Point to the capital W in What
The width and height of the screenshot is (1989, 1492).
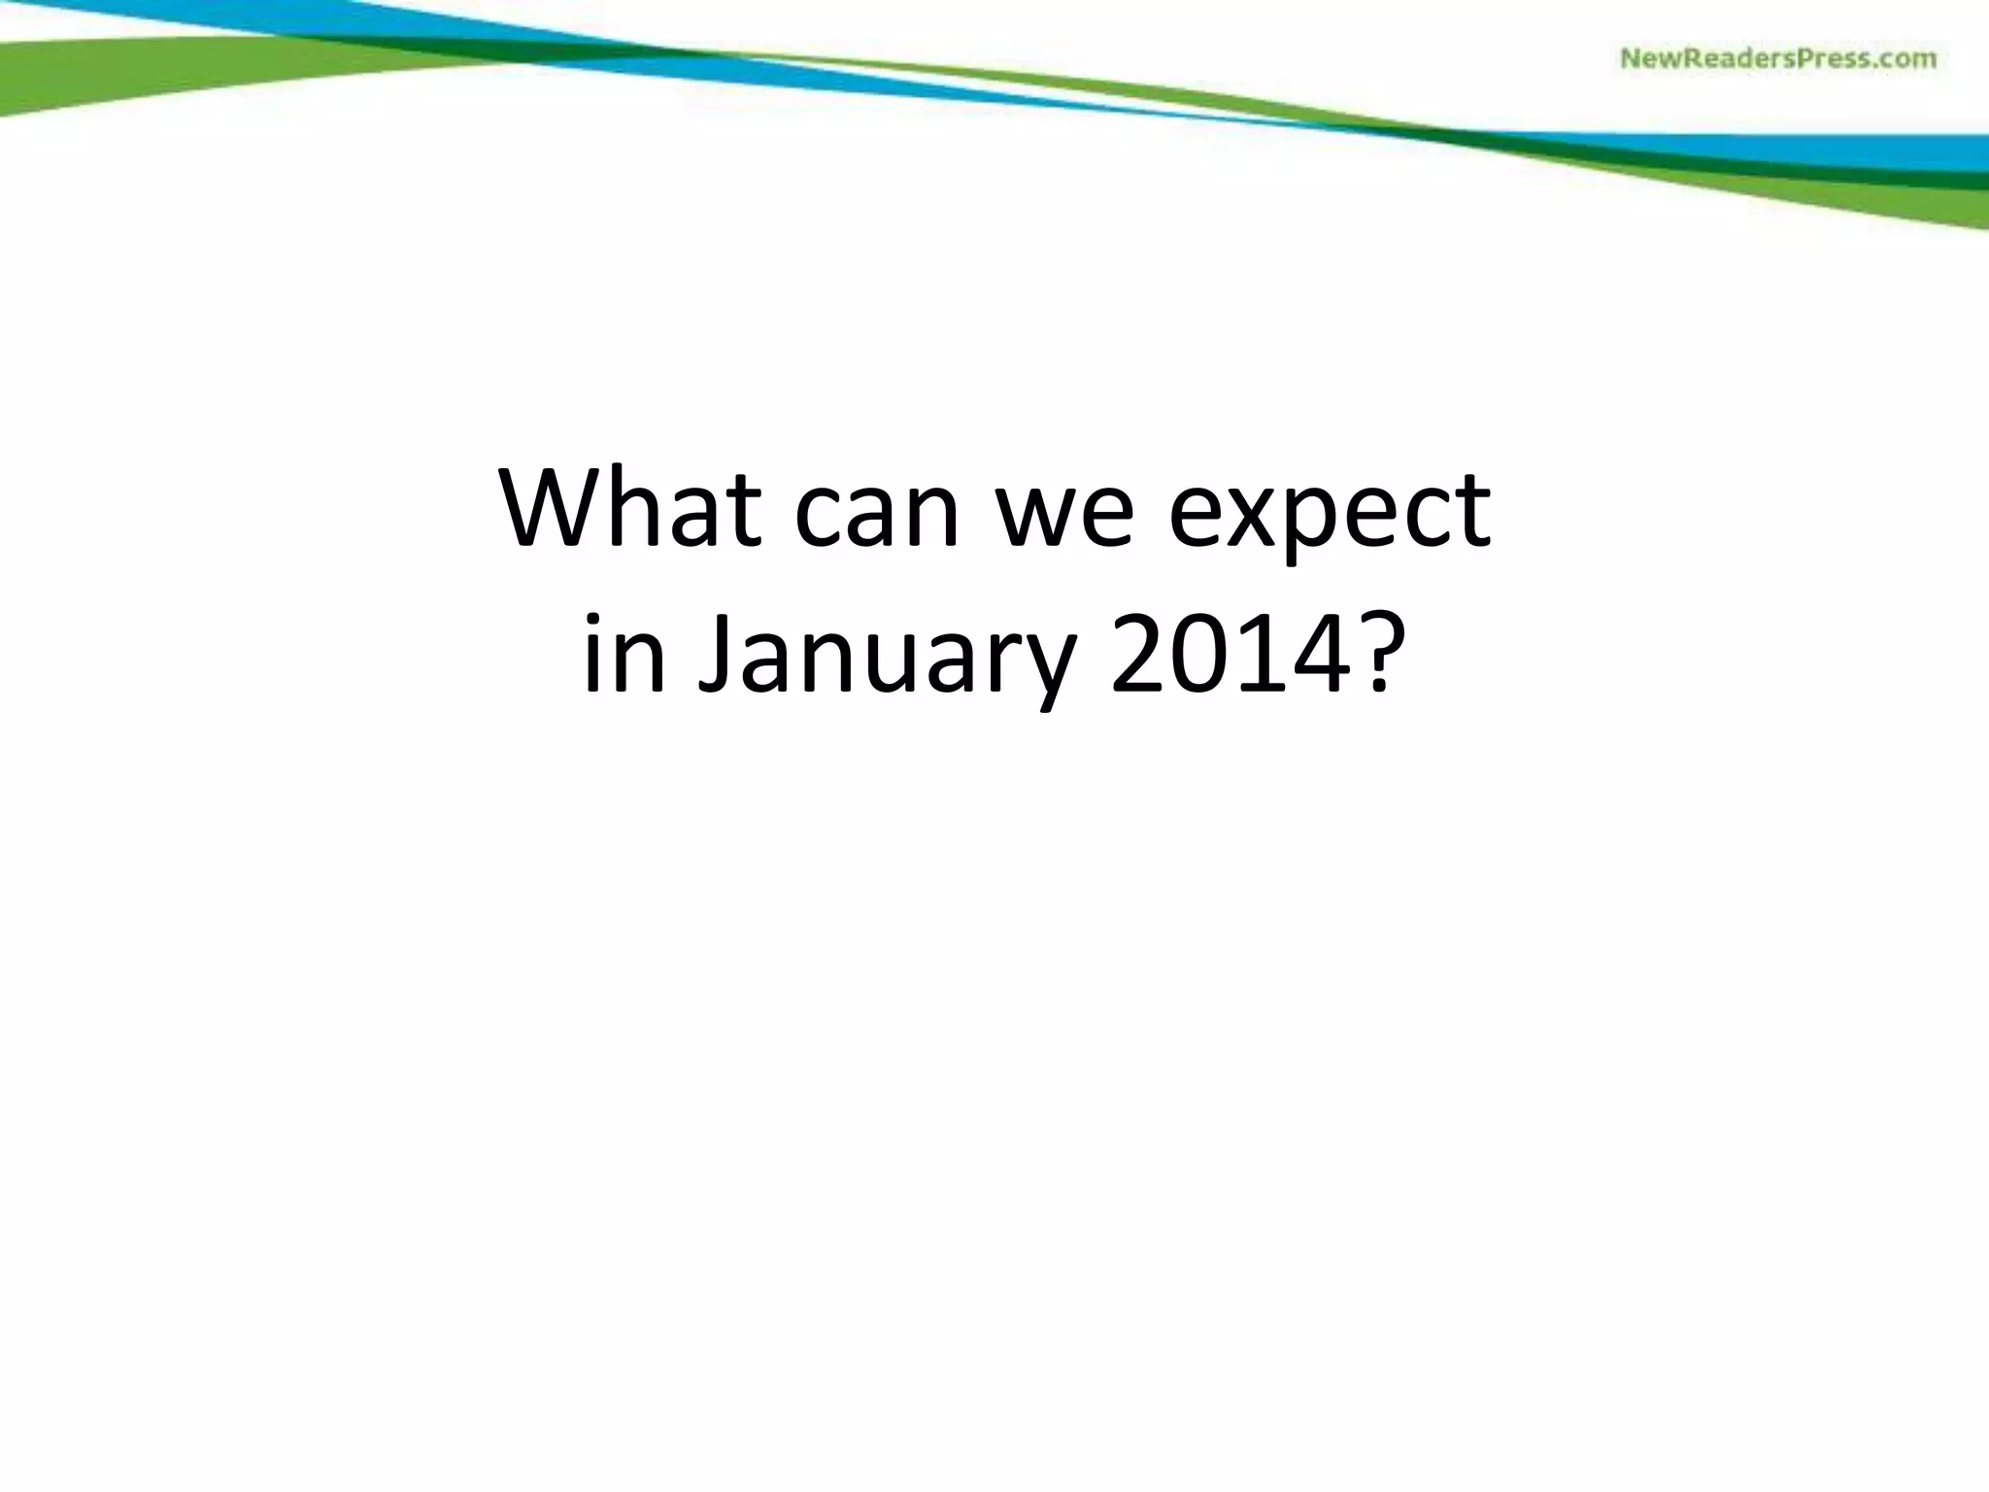(x=558, y=510)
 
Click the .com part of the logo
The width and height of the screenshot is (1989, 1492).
(x=1904, y=60)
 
